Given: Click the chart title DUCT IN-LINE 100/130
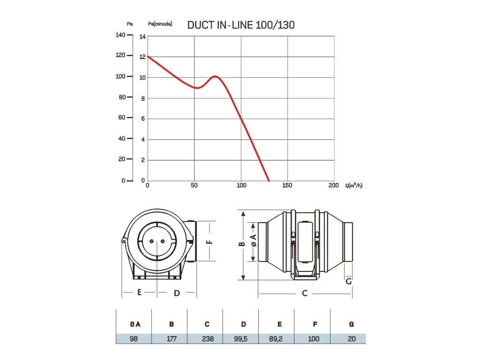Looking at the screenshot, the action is click(241, 25).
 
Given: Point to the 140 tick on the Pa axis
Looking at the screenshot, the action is click(120, 35).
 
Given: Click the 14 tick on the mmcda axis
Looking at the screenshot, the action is click(143, 37).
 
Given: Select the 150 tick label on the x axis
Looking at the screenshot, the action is click(287, 186).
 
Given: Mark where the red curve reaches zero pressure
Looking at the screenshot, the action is click(269, 181).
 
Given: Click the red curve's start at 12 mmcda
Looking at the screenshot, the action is click(148, 57).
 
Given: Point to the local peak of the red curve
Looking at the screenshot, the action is click(215, 76).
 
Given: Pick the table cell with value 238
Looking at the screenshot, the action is click(207, 338).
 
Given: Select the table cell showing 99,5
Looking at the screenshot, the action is click(243, 338).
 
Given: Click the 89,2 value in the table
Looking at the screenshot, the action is click(279, 338).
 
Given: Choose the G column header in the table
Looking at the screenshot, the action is click(351, 324).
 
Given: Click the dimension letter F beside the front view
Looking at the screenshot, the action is click(210, 242).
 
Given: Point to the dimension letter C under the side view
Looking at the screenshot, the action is click(305, 293).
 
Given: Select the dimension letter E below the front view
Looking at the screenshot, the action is click(139, 292).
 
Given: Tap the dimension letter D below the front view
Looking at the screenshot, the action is click(177, 293).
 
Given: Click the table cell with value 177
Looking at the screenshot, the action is click(172, 338).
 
